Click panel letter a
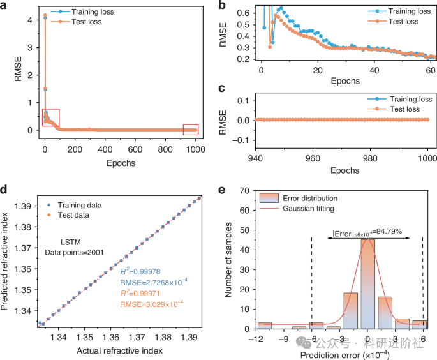click(5, 6)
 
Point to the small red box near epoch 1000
click(190, 130)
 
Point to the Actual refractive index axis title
click(121, 352)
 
